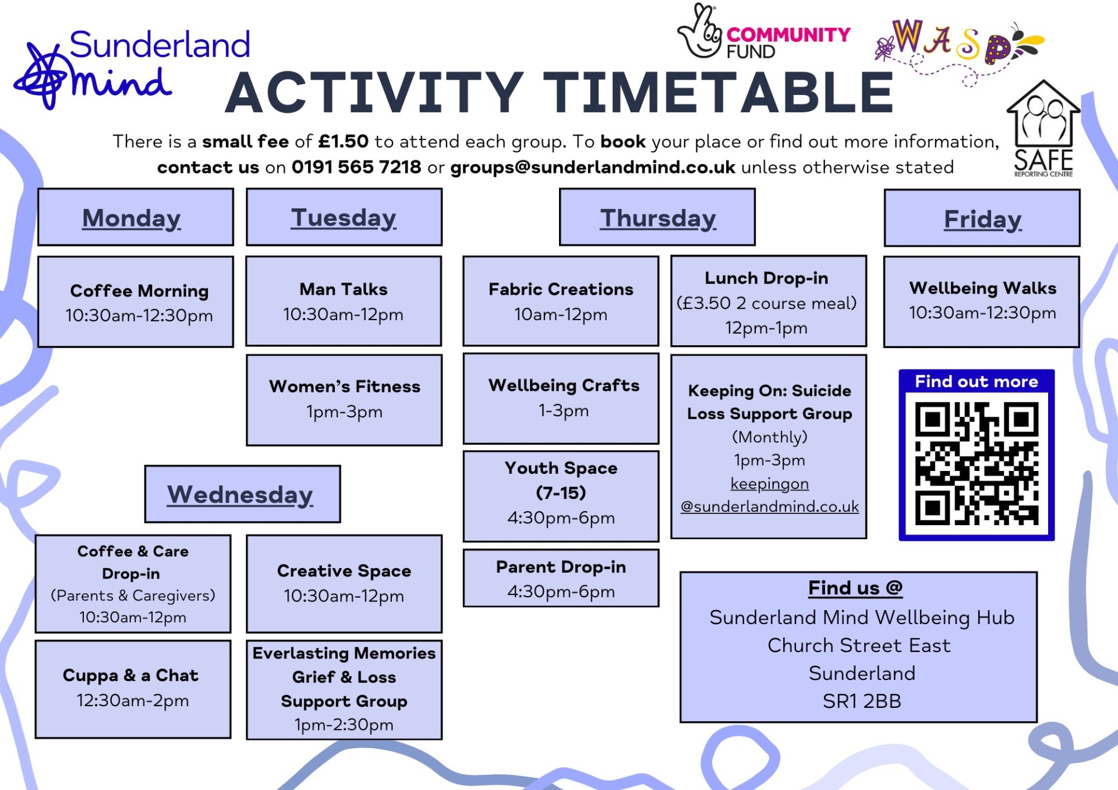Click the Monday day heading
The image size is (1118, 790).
pyautogui.click(x=132, y=218)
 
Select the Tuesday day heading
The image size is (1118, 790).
pyautogui.click(x=344, y=218)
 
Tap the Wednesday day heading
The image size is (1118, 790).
pyautogui.click(x=240, y=495)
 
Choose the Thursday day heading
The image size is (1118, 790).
pyautogui.click(x=658, y=218)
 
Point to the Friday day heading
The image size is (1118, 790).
pyautogui.click(x=983, y=219)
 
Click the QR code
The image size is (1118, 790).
pyautogui.click(x=977, y=463)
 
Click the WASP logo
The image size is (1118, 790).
pyautogui.click(x=960, y=49)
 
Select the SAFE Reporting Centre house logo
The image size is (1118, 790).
pyautogui.click(x=1043, y=128)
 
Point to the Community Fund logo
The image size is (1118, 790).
pyautogui.click(x=763, y=32)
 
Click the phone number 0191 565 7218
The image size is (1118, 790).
pyautogui.click(x=356, y=167)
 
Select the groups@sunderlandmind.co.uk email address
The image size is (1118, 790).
pyautogui.click(x=593, y=168)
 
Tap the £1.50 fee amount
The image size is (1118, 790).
pyautogui.click(x=344, y=141)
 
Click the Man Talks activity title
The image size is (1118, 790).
pyautogui.click(x=344, y=289)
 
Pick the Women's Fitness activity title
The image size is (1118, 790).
pyautogui.click(x=345, y=387)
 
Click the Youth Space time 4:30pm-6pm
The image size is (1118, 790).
pyautogui.click(x=561, y=518)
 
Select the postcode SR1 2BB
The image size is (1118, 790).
pyautogui.click(x=862, y=701)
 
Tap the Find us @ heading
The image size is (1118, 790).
pyautogui.click(x=855, y=588)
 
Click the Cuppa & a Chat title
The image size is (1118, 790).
pyautogui.click(x=130, y=675)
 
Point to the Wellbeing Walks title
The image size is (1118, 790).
pyautogui.click(x=983, y=288)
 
